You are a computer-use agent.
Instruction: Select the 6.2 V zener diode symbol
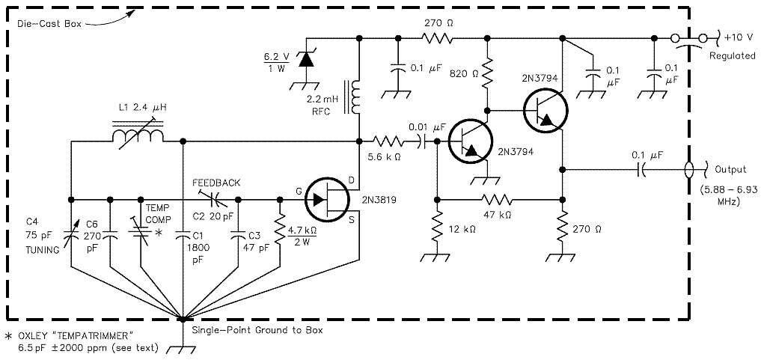coord(305,59)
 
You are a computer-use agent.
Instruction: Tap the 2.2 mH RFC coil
coord(355,97)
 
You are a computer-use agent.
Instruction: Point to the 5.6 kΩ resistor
coord(389,141)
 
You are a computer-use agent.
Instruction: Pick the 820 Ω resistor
coord(486,73)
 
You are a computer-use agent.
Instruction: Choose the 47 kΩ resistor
coord(497,199)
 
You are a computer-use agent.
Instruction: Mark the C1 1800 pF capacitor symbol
coord(183,236)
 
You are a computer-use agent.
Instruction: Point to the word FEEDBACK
coord(216,183)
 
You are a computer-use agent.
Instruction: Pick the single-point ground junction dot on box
coord(183,320)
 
